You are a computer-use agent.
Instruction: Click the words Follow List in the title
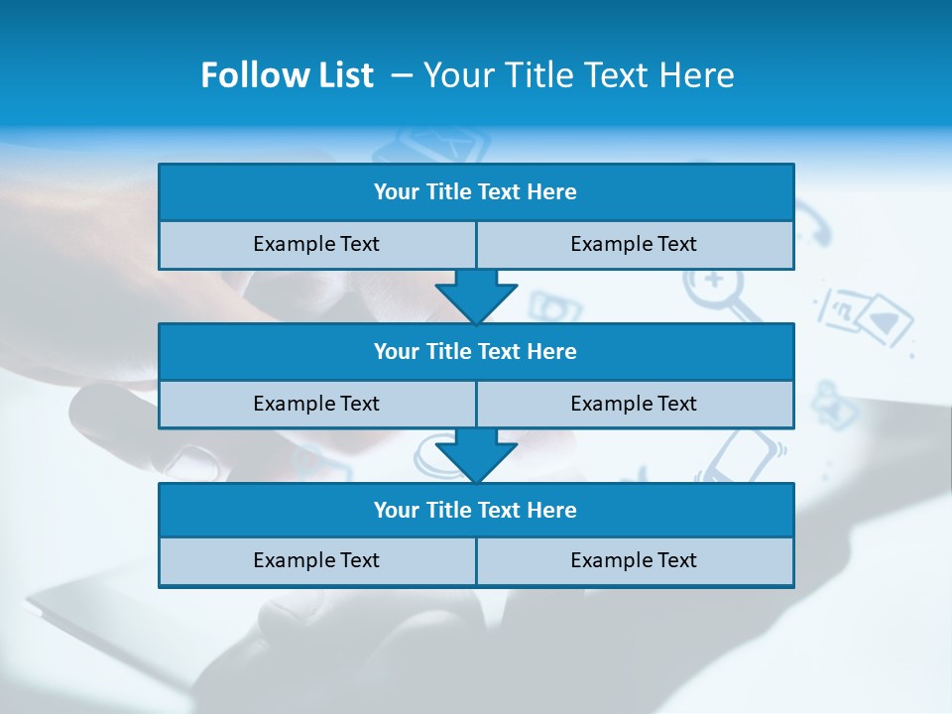[287, 75]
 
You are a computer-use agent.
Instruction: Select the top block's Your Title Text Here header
[475, 192]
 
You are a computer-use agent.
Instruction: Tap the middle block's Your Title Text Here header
[475, 351]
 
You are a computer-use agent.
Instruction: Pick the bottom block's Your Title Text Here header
[475, 510]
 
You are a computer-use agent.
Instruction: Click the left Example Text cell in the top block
[316, 244]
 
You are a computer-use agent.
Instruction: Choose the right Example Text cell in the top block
[634, 244]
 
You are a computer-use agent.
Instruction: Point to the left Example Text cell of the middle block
[316, 404]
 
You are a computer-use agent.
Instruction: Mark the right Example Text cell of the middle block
[634, 404]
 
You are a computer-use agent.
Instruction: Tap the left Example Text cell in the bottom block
[316, 560]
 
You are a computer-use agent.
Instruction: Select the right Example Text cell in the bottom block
[634, 560]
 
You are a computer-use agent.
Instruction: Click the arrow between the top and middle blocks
[476, 297]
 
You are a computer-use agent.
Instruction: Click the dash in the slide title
[402, 75]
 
